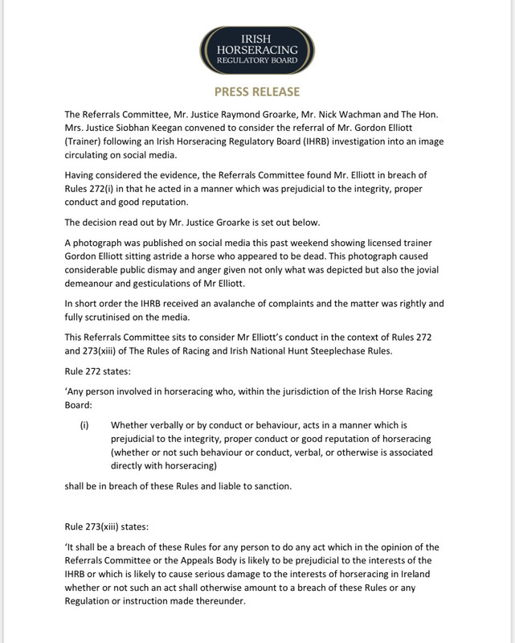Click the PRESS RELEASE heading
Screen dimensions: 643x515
tap(257, 92)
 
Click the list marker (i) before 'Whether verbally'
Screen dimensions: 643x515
tap(84, 424)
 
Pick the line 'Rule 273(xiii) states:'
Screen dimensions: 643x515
tap(106, 527)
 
